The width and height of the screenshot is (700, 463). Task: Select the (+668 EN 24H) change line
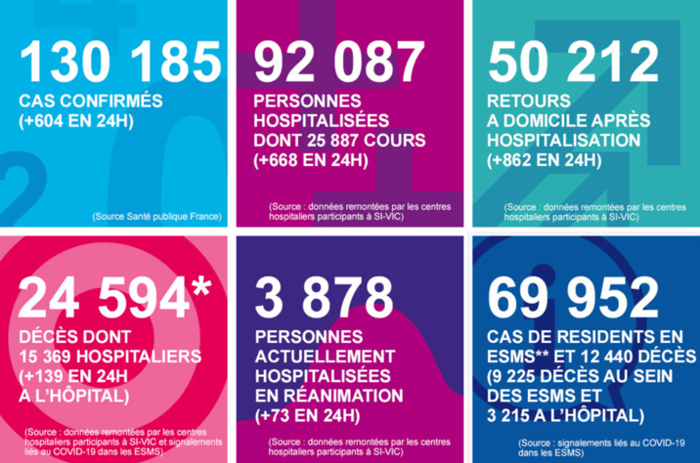(x=312, y=162)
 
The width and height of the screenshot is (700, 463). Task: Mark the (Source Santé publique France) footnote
(x=156, y=215)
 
